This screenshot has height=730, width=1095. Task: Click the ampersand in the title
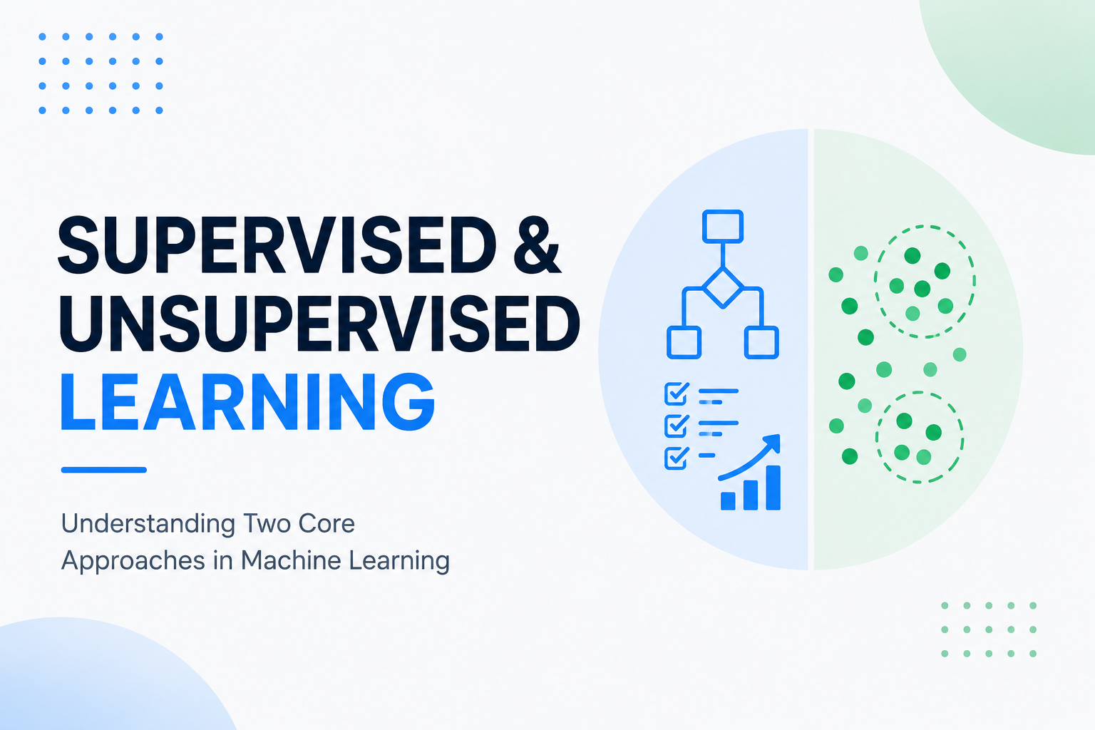click(537, 245)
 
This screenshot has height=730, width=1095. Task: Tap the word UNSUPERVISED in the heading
click(319, 324)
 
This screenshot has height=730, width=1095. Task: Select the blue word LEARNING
click(247, 402)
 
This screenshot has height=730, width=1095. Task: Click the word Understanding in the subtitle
click(148, 525)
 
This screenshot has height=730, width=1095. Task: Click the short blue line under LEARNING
click(103, 470)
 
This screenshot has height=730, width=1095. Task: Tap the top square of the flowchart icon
click(722, 227)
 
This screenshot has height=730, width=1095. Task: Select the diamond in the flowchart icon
click(722, 288)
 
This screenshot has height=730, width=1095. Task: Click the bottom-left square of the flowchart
click(684, 342)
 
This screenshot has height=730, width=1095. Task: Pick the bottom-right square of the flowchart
click(761, 342)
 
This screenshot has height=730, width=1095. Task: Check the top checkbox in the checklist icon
click(677, 394)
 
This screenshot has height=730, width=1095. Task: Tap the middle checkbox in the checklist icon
click(677, 426)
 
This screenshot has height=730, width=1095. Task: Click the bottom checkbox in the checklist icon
click(677, 458)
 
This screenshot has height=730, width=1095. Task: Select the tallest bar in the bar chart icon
click(773, 488)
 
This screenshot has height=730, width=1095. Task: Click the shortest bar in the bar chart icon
click(728, 500)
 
